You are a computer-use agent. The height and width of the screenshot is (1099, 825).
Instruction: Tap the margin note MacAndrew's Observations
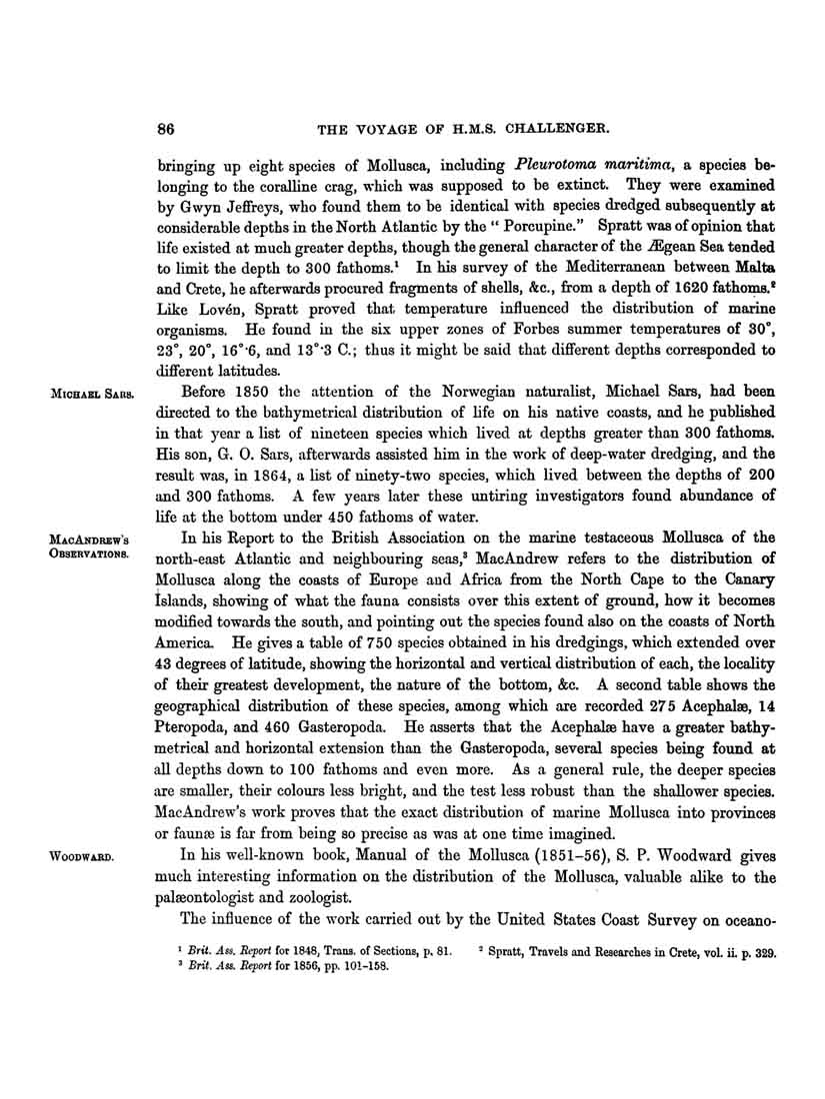91,546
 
